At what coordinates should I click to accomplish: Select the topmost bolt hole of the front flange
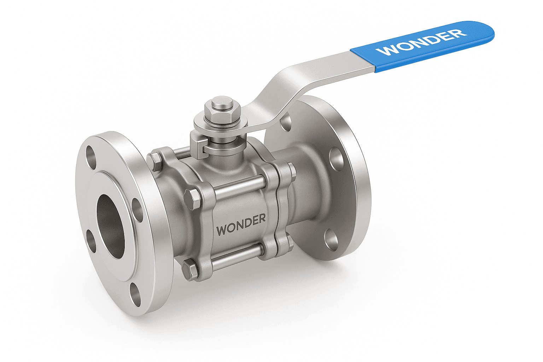91,154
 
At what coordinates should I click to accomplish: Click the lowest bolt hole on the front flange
135,294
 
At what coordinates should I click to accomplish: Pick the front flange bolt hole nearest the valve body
137,209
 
